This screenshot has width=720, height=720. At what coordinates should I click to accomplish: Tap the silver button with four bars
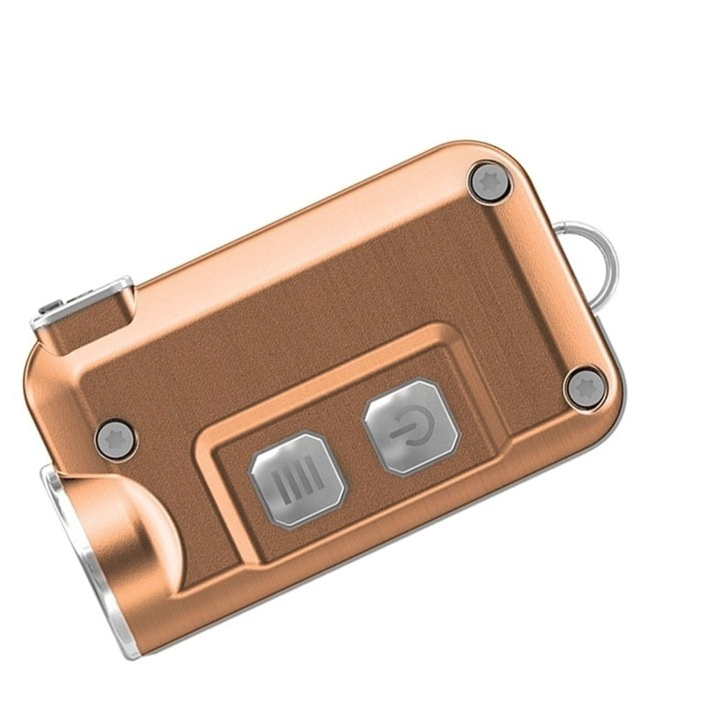[x=297, y=479]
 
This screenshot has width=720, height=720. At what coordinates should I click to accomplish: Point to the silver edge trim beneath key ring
[x=612, y=360]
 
